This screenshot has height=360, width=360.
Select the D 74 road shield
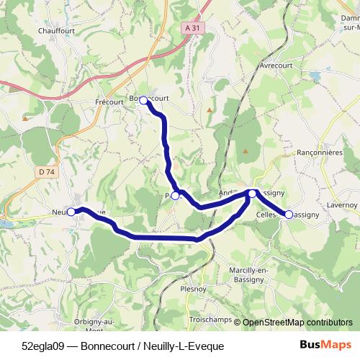tap(47, 171)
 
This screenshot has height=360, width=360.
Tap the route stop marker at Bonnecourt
tap(143, 100)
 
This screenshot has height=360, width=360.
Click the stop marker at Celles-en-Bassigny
tap(289, 214)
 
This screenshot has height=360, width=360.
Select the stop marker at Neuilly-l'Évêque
tap(72, 212)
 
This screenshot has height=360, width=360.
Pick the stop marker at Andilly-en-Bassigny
tap(252, 193)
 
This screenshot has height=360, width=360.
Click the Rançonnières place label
tap(319, 153)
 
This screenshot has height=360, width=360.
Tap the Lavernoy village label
tap(341, 205)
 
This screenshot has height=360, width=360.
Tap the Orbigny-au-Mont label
tap(94, 324)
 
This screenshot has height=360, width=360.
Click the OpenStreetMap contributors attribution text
tap(297, 323)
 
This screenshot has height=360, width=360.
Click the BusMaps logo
tap(325, 346)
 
